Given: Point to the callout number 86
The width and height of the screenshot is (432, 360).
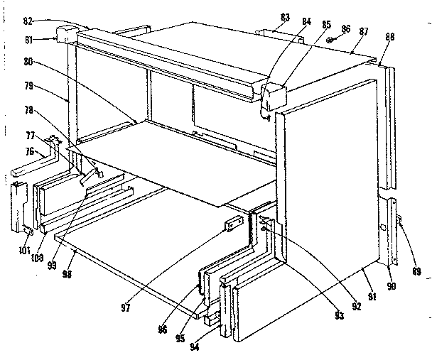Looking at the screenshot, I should [345, 29].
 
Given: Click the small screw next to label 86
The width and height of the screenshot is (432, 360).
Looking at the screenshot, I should [331, 40].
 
